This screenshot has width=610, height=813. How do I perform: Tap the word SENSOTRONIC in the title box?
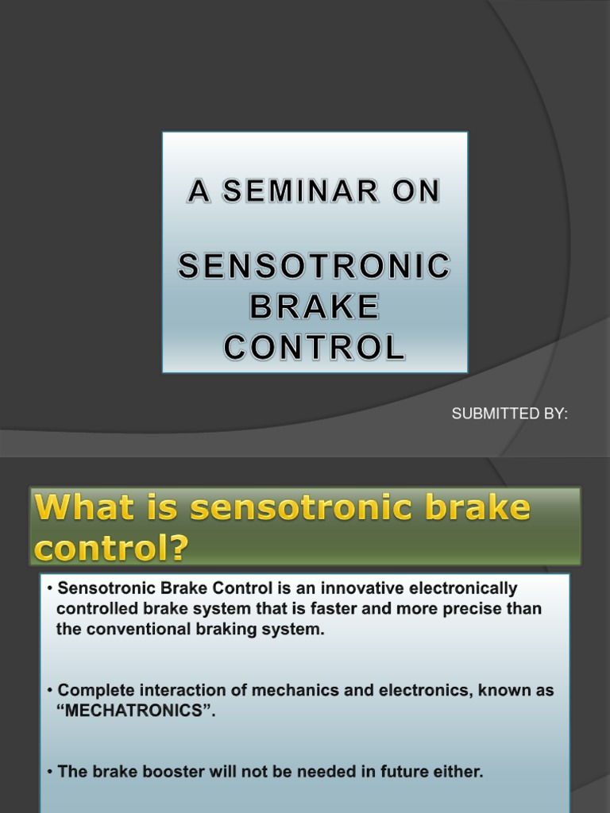(x=315, y=268)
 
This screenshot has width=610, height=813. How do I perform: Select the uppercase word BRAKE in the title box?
(x=315, y=306)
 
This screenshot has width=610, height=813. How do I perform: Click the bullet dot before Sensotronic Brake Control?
(x=51, y=590)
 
